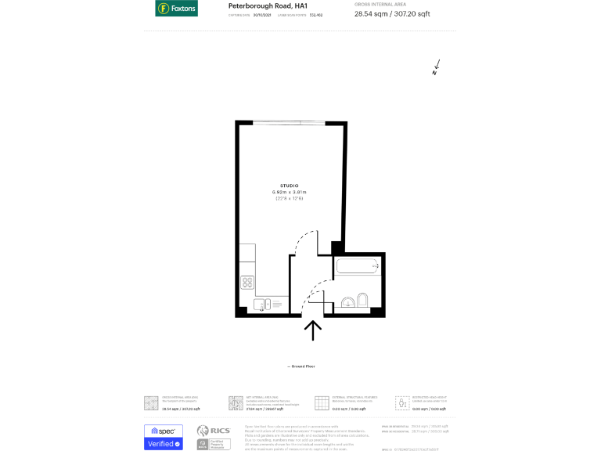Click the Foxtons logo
pos(176,9)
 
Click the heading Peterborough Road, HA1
pos(263,5)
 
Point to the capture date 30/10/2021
pos(261,15)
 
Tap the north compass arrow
pos(437,67)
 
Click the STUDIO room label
pos(289,185)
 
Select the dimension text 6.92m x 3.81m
pos(289,192)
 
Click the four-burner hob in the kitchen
pos(247,282)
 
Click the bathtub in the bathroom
pos(358,266)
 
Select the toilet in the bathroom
pos(363,301)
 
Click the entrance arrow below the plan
pos(313,330)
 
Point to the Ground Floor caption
pos(300,366)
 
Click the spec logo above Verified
pos(164,431)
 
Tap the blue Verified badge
pos(164,444)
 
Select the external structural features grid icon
pos(322,403)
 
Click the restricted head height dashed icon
pos(402,403)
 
